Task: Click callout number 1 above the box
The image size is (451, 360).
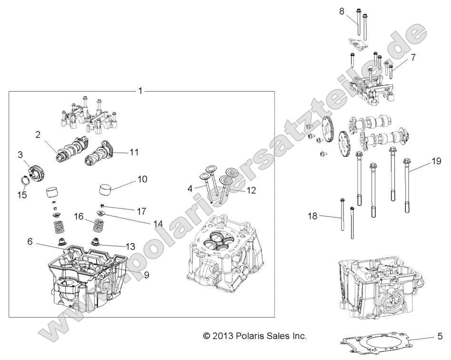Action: coord(140,90)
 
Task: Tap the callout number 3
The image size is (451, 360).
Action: coord(20,155)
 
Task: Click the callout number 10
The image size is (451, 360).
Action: coord(143,179)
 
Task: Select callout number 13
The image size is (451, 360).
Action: coord(129,246)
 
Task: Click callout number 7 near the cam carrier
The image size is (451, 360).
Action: coord(413,58)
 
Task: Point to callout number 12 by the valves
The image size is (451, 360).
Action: coord(251,190)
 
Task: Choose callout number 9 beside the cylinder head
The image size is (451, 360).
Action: coord(133,274)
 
